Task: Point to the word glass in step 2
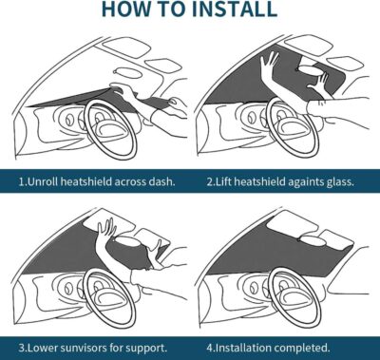pyautogui.click(x=334, y=180)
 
